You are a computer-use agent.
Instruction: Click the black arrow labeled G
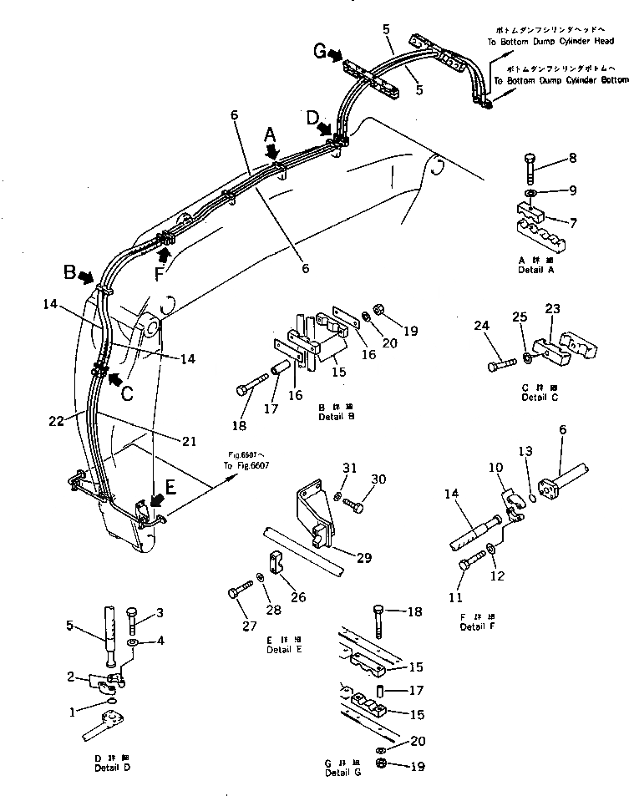pyautogui.click(x=336, y=56)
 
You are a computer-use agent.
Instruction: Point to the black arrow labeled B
pyautogui.click(x=85, y=276)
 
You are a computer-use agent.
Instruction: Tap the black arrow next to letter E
pyautogui.click(x=156, y=500)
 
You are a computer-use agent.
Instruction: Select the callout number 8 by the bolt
pyautogui.click(x=572, y=157)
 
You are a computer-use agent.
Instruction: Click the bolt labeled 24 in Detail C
pyautogui.click(x=500, y=365)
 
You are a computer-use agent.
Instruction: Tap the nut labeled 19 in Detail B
pyautogui.click(x=378, y=310)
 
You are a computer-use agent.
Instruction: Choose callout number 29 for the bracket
pyautogui.click(x=364, y=558)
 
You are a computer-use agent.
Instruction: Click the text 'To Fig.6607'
pyautogui.click(x=246, y=465)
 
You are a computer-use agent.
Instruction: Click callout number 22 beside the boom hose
pyautogui.click(x=55, y=422)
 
